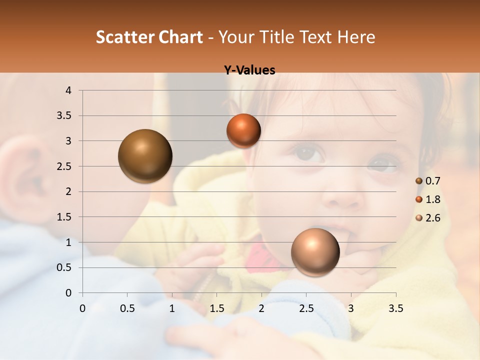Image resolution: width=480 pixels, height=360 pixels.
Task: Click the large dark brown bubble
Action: click(145, 156)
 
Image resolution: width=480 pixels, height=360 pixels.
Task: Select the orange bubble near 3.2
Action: click(243, 130)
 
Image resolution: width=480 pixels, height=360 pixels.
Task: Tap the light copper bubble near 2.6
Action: click(315, 252)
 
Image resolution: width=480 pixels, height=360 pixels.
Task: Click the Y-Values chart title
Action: click(249, 70)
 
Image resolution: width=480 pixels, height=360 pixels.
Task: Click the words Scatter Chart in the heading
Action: click(149, 36)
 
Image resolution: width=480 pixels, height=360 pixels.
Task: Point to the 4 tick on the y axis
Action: click(69, 90)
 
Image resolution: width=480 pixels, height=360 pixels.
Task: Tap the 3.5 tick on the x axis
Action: click(395, 309)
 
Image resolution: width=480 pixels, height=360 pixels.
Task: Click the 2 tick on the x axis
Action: click(261, 309)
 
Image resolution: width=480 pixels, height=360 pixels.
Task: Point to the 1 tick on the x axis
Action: click(172, 309)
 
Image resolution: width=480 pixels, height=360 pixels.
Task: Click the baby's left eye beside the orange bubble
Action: click(303, 152)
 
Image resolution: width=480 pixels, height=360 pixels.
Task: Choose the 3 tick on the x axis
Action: click(351, 309)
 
